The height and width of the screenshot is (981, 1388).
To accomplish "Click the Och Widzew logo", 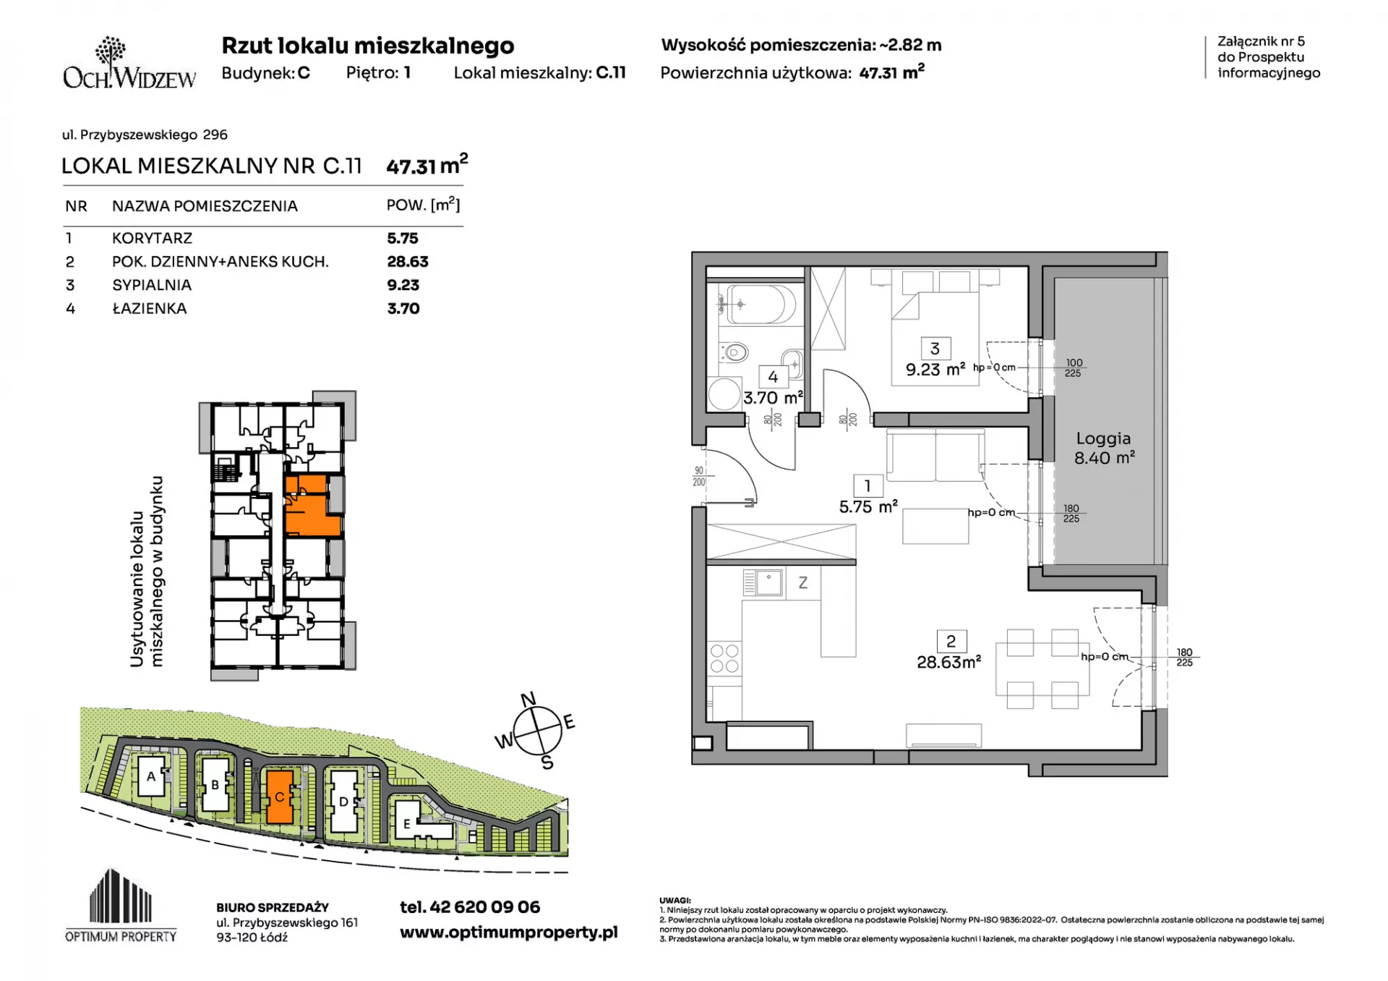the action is click(129, 64).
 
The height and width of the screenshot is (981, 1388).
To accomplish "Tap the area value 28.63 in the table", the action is click(408, 262).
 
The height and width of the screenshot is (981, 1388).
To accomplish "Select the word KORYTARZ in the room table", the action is click(152, 238).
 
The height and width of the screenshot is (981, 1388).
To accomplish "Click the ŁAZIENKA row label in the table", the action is click(150, 308).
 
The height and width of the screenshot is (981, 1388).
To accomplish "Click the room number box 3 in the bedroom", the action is click(935, 349).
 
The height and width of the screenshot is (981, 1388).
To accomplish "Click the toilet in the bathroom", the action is click(732, 352).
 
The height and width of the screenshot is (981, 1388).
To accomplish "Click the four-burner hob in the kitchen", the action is click(724, 658).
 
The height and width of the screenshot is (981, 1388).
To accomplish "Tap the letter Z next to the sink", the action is click(802, 583).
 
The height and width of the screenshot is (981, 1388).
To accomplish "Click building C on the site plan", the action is click(280, 797).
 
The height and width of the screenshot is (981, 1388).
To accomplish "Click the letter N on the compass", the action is click(528, 699).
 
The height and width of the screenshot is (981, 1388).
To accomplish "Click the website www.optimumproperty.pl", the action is click(509, 933).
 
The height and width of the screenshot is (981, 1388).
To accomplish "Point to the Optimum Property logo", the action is click(121, 906).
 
